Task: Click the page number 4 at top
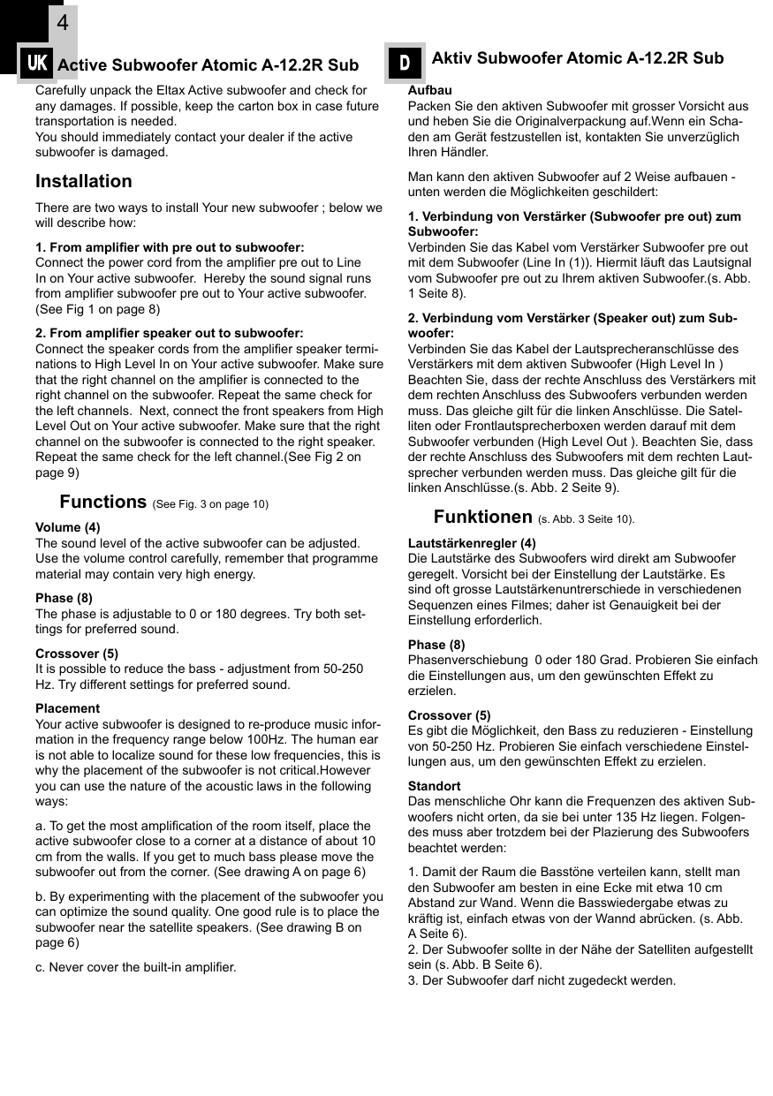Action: (x=62, y=23)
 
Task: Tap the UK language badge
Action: (x=37, y=64)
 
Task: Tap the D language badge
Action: (x=405, y=63)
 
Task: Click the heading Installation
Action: (x=83, y=181)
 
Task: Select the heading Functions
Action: (x=102, y=502)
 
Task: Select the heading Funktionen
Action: (x=482, y=517)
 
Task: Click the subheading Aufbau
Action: (x=429, y=90)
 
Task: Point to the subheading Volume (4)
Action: (x=67, y=527)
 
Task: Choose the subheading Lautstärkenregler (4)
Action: (x=471, y=543)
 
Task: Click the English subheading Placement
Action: (x=67, y=708)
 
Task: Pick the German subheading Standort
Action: (x=434, y=785)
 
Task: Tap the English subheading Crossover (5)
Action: (x=77, y=654)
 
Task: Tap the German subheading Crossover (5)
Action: (x=449, y=715)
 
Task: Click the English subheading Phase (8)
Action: (x=64, y=598)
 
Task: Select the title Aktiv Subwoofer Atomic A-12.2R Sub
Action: (x=577, y=58)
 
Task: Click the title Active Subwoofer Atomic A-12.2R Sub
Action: (x=208, y=65)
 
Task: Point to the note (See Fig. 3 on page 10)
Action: (x=210, y=504)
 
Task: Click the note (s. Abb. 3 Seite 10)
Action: (x=586, y=519)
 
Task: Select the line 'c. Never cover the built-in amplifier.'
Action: (x=135, y=967)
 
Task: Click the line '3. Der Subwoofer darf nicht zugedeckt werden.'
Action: (x=542, y=980)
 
